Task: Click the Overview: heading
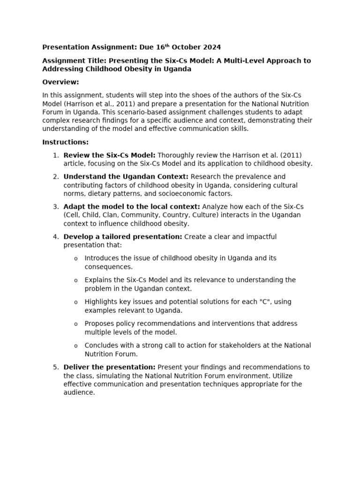[x=60, y=82]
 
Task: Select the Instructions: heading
[x=65, y=142]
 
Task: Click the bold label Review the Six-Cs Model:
[x=109, y=155]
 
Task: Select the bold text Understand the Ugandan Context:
[x=126, y=177]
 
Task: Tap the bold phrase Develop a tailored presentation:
[x=123, y=237]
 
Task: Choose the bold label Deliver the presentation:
[x=109, y=367]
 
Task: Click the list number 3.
[x=56, y=207]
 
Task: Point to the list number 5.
[x=56, y=367]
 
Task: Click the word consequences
[x=107, y=267]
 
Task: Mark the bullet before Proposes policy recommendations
[x=76, y=324]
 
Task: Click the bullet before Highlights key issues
[x=76, y=302]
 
